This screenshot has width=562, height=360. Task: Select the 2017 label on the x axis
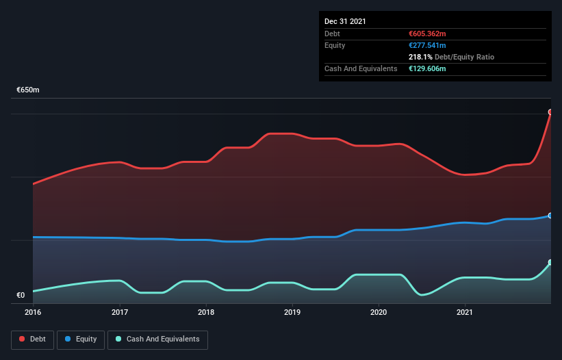120,313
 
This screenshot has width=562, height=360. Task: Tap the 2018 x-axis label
206,313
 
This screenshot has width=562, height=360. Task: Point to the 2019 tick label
292,313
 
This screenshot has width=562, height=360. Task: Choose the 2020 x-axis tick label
379,313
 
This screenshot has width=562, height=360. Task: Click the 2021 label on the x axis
465,313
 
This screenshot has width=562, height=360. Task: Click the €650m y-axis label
28,90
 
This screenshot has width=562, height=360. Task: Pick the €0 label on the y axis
21,296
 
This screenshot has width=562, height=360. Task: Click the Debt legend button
32,339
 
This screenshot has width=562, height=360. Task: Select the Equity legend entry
81,339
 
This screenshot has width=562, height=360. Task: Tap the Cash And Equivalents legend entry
157,339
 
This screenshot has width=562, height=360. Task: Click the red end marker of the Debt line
550,112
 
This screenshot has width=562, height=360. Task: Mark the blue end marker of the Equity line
550,216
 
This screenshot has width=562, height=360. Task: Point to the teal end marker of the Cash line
550,263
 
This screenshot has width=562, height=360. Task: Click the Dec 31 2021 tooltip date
345,21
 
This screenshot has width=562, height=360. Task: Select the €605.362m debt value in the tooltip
427,34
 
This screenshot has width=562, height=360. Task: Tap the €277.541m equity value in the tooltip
427,45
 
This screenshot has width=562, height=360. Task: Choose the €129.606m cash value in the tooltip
427,69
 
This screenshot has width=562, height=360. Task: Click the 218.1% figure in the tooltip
420,57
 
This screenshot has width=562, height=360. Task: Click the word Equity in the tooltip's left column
335,45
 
